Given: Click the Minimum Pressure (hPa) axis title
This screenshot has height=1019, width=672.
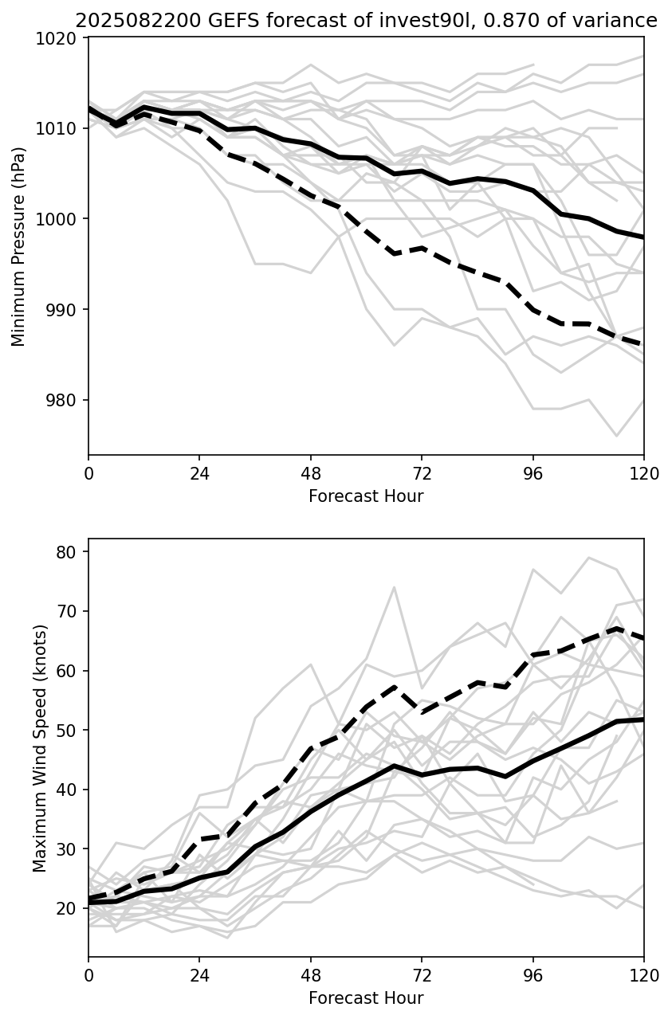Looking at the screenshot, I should [x=19, y=246].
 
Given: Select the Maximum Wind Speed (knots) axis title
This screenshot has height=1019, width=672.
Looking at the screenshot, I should [x=41, y=748].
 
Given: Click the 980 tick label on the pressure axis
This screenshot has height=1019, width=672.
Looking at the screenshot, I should [x=64, y=400].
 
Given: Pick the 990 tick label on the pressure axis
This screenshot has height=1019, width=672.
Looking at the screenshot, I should [x=64, y=310].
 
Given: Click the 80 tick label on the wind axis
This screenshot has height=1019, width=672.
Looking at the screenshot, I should [x=70, y=552].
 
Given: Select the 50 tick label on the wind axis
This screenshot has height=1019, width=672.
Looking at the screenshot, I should [x=70, y=731].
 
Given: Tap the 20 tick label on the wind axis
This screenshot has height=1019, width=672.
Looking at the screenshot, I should [x=70, y=909].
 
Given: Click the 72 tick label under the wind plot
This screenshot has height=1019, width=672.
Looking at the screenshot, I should [x=422, y=976].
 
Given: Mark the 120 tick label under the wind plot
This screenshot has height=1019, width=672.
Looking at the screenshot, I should [x=644, y=976].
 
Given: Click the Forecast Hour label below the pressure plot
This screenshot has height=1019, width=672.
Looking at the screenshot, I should [x=366, y=496].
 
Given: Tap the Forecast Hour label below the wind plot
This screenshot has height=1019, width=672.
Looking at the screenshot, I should [x=366, y=998].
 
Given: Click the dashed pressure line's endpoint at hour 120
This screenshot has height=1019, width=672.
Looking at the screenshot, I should [x=643, y=345].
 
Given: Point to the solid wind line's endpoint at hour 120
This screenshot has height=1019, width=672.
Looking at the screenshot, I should [x=643, y=719].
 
